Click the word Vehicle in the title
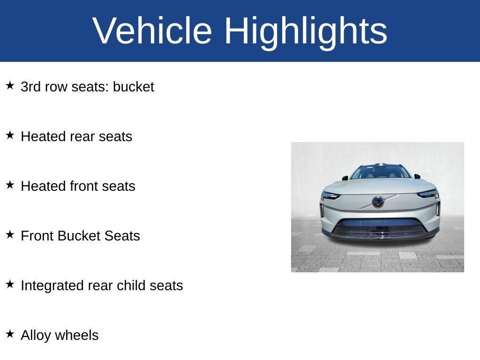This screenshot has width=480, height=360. coord(153,31)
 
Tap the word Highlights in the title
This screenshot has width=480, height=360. coord(306,31)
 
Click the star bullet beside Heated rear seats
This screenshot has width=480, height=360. coord(10,135)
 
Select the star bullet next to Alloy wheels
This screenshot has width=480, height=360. coord(10,334)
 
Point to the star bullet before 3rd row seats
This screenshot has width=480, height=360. coord(10,86)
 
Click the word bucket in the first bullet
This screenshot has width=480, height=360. coord(133,87)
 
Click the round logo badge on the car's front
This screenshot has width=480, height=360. coord(378,202)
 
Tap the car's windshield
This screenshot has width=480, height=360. coord(380,172)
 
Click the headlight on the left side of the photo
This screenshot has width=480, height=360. coord(330,195)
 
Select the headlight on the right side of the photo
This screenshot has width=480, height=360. coord(428,194)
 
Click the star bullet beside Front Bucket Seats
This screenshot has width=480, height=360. coord(10,235)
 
